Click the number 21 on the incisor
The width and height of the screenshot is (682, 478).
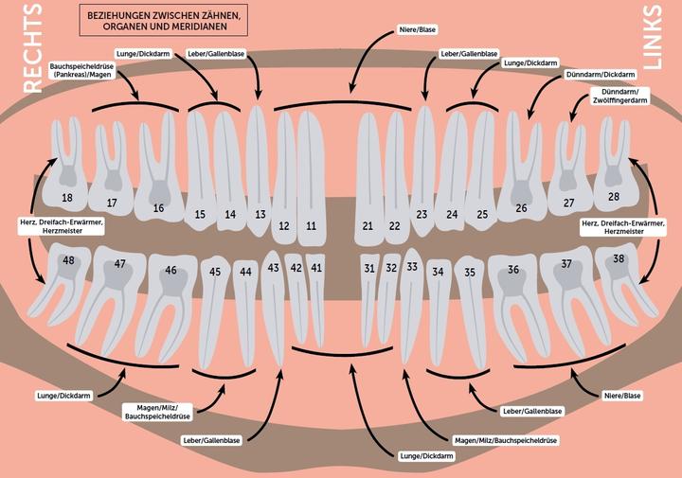(x=368, y=226)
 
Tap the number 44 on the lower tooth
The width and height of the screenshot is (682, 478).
(x=245, y=272)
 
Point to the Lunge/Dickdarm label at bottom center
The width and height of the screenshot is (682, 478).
(x=427, y=456)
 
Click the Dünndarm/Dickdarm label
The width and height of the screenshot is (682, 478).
(x=597, y=73)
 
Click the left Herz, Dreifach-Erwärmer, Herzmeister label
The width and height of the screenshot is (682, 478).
(x=57, y=224)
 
